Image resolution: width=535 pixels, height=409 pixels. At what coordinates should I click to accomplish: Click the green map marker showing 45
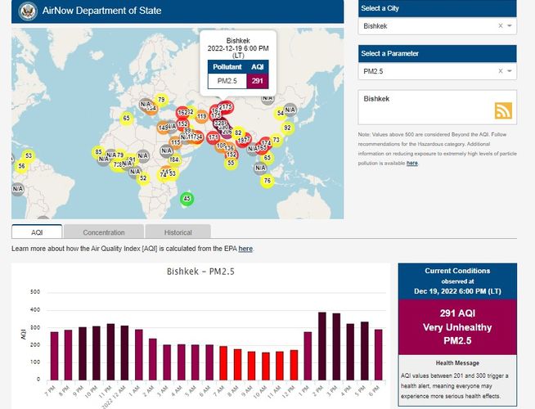coord(187,199)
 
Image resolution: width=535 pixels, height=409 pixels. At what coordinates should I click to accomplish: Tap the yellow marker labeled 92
coord(287,128)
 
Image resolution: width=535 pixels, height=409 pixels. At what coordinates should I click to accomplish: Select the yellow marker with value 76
coord(267,180)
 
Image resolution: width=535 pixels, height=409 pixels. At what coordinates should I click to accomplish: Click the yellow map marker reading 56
coord(21,166)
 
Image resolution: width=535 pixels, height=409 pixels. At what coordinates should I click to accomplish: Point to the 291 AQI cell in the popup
coord(258,80)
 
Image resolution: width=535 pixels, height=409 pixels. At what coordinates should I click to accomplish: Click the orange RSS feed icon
coord(502,111)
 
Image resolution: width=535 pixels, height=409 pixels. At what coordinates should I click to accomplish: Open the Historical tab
coord(178,232)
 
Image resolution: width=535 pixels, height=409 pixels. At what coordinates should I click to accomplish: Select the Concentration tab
coord(104,232)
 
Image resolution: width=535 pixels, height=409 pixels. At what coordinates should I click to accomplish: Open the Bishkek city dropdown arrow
coord(510,26)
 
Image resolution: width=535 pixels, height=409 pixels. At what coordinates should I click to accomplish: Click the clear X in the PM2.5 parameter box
coord(500,71)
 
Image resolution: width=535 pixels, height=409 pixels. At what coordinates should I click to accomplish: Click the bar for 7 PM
coord(55,355)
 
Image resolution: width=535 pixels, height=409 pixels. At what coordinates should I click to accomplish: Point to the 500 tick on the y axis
coord(35,292)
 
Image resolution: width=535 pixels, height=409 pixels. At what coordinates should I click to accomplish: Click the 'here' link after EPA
coord(245,248)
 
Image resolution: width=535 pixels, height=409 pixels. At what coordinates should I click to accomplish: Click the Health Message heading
coord(458,362)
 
